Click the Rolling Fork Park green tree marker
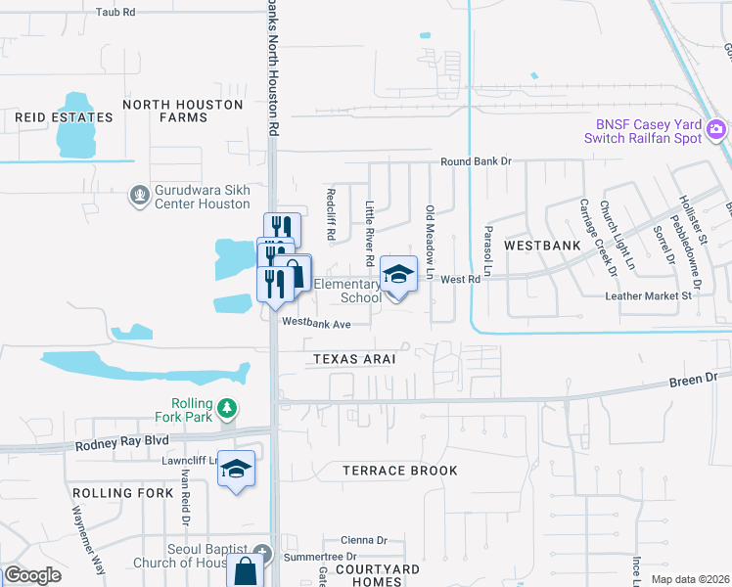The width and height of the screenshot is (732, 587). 227,406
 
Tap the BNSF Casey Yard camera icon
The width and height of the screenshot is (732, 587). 716,129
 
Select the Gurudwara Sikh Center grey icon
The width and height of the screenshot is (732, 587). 140,197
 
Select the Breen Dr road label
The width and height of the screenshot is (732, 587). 696,377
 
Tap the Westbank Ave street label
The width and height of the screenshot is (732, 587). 316,321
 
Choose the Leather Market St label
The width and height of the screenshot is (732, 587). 649,294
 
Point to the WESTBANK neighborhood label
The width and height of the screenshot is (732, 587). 536,245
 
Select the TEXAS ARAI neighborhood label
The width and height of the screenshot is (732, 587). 354,359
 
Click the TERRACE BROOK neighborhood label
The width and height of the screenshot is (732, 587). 400,471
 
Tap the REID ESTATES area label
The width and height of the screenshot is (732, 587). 64,117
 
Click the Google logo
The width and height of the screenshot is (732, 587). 31,575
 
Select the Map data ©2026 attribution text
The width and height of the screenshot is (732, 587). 689,579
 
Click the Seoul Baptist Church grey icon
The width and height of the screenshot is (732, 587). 259,553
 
